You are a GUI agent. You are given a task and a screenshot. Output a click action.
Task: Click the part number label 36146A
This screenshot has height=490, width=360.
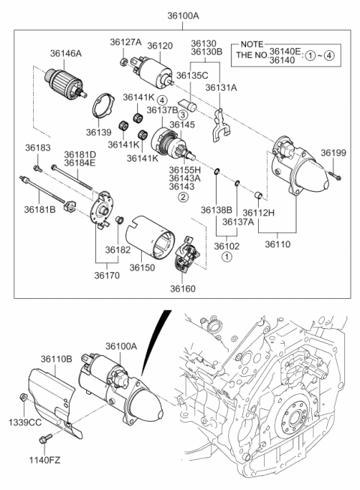pyautogui.click(x=66, y=53)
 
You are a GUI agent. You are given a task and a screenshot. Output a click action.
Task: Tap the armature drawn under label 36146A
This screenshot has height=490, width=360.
pyautogui.click(x=65, y=84)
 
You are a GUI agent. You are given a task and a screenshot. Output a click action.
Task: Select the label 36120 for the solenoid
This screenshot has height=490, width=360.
pyautogui.click(x=160, y=46)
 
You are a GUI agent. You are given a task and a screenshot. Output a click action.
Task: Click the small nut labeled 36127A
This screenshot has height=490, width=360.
pyautogui.click(x=123, y=61)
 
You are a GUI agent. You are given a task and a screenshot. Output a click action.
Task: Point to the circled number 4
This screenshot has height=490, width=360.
pyautogui.click(x=162, y=100)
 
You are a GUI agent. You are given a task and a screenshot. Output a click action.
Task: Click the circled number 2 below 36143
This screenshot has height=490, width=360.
pyautogui.click(x=183, y=197)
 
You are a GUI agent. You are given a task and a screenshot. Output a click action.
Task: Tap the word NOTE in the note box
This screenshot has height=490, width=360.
pyautogui.click(x=252, y=44)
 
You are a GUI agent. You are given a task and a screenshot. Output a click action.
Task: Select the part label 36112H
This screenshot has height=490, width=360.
pyautogui.click(x=258, y=213)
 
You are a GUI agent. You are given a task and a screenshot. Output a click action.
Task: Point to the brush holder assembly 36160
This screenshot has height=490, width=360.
pyautogui.click(x=187, y=254)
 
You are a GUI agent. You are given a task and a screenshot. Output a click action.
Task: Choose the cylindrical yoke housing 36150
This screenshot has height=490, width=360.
pyautogui.click(x=149, y=238)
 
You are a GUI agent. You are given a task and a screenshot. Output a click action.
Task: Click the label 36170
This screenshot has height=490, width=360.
pyautogui.click(x=107, y=275)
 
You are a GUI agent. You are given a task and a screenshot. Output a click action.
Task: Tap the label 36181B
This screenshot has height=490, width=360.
pyautogui.click(x=40, y=210)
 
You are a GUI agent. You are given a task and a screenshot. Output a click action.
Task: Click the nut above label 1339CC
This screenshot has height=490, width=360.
pyautogui.click(x=22, y=397)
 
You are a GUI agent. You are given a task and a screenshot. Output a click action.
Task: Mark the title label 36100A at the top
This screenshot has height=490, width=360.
pyautogui.click(x=183, y=16)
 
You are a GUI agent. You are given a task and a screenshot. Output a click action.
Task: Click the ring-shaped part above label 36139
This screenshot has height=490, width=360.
pyautogui.click(x=103, y=107)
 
